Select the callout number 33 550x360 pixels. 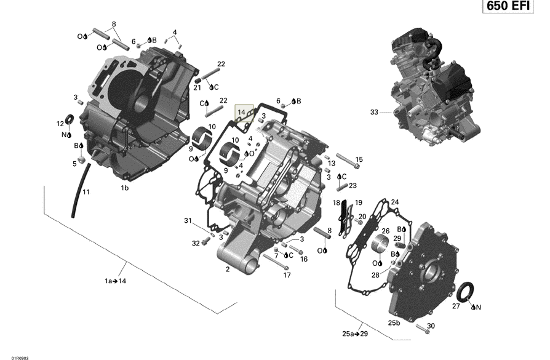[373, 113]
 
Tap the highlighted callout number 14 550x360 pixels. [244, 112]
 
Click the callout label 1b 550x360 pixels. [124, 188]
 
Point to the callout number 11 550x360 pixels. [86, 192]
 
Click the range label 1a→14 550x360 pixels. [115, 281]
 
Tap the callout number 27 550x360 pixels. [456, 306]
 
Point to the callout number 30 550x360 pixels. [431, 326]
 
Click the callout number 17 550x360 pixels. [287, 275]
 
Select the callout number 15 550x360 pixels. [359, 159]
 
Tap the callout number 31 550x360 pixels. [188, 221]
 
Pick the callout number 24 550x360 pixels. [395, 201]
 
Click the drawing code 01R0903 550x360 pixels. [10, 356]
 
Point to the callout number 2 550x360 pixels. [228, 270]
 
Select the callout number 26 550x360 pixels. [386, 231]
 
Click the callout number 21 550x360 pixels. [197, 87]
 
